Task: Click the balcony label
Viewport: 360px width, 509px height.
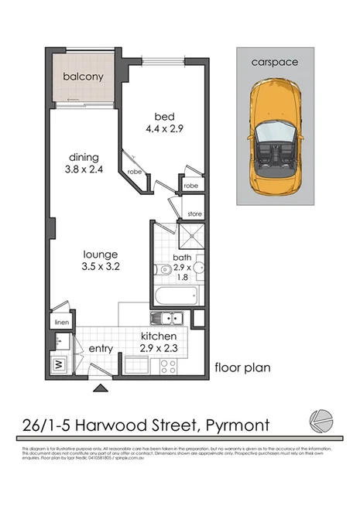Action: pos(84,77)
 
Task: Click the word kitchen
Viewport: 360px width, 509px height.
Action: pos(163,336)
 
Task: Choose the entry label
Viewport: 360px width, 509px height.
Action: pos(101,349)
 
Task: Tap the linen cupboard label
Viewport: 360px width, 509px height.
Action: pos(60,321)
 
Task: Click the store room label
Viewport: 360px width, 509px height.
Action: pos(194,213)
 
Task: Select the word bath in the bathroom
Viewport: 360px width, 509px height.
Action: pos(183,257)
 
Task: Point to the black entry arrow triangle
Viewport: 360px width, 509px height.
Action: pos(98,388)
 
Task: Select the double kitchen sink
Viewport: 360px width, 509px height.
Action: pos(168,318)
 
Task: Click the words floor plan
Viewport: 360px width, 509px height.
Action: pos(242,367)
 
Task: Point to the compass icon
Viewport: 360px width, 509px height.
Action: pos(321,420)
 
